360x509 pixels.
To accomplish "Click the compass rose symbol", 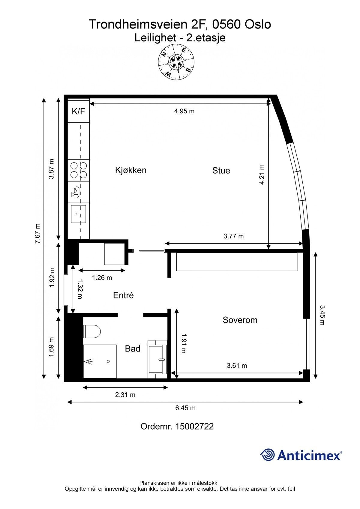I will point(176,62).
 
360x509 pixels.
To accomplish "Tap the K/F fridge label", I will point(78,112).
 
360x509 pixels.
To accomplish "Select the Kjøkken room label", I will point(131,170).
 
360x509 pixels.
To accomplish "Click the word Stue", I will point(221,171).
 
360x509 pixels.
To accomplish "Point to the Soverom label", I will point(240,320).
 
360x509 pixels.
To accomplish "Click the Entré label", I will point(123,295).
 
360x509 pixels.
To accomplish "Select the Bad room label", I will point(133,349).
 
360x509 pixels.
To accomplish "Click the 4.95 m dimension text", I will point(184,111).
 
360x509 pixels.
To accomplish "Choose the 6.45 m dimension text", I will point(185,408).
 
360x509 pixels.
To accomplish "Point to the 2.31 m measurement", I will point(125,395).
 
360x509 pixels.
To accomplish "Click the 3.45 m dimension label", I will point(322,315).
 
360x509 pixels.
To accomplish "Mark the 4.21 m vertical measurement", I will point(262,175).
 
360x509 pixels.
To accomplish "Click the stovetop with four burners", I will point(79,170).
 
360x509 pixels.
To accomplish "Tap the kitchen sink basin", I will point(78,214).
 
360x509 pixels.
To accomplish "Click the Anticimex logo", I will point(301,455).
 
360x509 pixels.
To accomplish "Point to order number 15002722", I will point(177,427).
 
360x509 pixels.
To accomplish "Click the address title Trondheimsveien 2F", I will point(180,24).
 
